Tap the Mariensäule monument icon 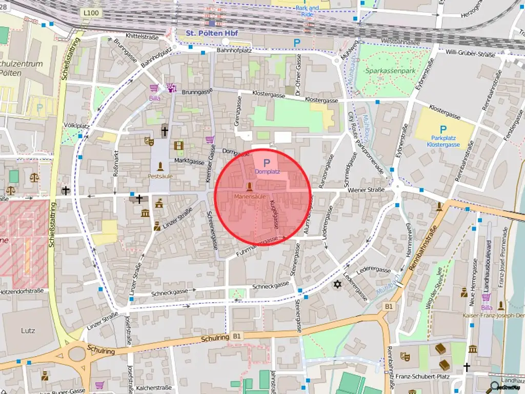click(x=250, y=187)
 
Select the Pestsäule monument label click(x=160, y=175)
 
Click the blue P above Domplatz click(x=267, y=163)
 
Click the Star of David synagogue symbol click(x=337, y=284)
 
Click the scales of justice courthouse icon click(x=34, y=178)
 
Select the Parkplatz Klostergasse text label click(x=443, y=142)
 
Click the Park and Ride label click(x=307, y=11)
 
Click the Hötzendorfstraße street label click(x=22, y=290)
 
